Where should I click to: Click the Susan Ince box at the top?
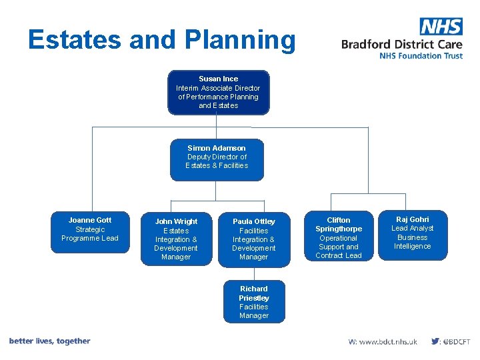[x=218, y=93]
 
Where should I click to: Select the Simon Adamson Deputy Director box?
[x=217, y=159]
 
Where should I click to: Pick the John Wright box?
[x=176, y=239]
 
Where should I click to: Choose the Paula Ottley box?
[x=254, y=239]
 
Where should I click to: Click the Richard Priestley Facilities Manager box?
[x=254, y=302]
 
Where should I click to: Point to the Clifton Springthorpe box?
[x=339, y=238]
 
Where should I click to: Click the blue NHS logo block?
[x=441, y=26]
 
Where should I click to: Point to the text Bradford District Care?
[x=401, y=45]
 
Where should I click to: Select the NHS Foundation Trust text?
[x=421, y=56]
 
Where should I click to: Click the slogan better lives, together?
[x=49, y=341]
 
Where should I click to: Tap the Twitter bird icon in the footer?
[x=435, y=341]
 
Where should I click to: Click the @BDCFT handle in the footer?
[x=457, y=341]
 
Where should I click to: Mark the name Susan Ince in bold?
[x=218, y=79]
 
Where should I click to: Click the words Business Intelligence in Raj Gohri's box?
[x=413, y=242]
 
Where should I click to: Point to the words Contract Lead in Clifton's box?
[x=339, y=255]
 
